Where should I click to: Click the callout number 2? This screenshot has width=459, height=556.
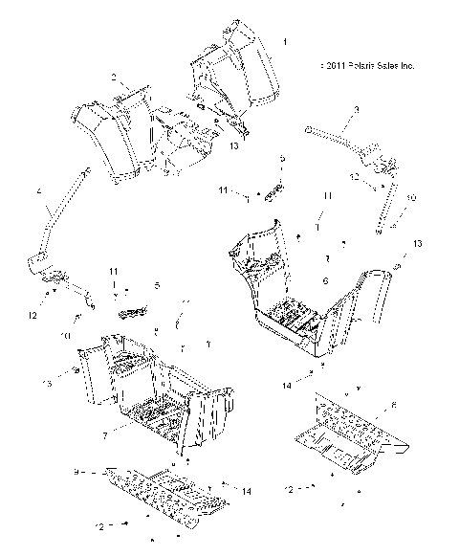coord(113,76)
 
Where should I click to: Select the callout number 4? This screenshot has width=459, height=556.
coord(38,191)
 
